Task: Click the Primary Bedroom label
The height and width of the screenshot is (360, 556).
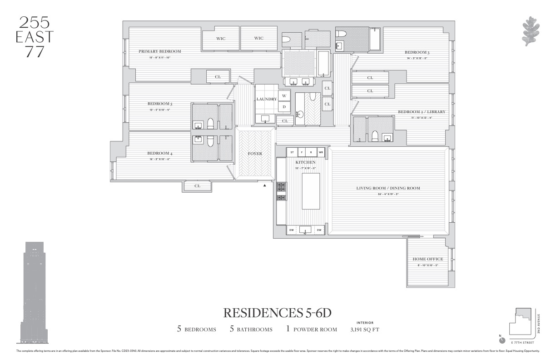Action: [159, 51]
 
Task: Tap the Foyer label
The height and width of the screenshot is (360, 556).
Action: [255, 154]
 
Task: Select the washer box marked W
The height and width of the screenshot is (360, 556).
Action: [284, 96]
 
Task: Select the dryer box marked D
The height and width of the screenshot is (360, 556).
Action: [284, 107]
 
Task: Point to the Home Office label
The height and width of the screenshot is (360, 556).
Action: [427, 259]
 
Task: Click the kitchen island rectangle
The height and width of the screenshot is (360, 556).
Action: [311, 191]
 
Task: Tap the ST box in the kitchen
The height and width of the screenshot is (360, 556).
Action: [292, 152]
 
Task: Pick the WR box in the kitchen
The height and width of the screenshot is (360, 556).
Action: [321, 152]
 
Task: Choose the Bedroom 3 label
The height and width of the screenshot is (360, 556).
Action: [417, 52]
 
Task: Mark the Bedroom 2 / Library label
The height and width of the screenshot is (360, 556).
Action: [421, 112]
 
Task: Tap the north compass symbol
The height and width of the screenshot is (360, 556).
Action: [501, 340]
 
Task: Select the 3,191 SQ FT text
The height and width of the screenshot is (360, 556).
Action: [365, 330]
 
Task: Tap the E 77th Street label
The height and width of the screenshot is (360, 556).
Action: [521, 341]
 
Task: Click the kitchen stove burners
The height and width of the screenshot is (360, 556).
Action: [281, 191]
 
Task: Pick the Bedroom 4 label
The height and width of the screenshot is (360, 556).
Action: [159, 153]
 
